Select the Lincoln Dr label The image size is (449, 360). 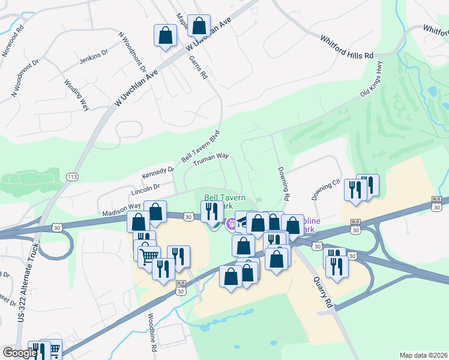coord(145,191)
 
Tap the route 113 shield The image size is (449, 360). coord(72,176)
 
